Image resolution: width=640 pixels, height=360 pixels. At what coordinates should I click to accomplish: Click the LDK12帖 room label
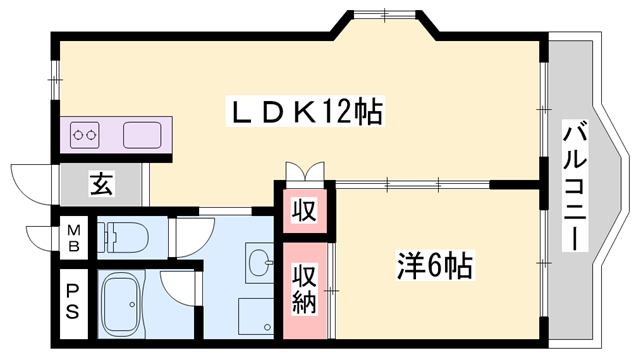point(305,112)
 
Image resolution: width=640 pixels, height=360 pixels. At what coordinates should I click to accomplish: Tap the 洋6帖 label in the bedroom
point(434,266)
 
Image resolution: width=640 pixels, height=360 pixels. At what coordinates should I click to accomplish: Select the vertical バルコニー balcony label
point(575,185)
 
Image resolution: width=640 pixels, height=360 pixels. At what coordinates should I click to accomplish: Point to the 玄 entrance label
point(101,184)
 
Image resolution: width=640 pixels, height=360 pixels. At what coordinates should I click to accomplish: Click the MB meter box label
point(73,238)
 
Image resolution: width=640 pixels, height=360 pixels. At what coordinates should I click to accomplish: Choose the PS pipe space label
point(73,302)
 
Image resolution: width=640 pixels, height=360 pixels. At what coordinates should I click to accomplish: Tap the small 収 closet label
point(304,211)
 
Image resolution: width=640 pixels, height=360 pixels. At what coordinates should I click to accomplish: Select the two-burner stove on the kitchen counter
point(85,135)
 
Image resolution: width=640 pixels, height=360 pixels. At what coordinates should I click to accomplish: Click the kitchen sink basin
point(142,135)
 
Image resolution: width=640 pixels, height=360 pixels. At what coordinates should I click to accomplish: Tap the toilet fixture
point(123,238)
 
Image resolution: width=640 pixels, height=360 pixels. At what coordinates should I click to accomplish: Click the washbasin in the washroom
point(260,263)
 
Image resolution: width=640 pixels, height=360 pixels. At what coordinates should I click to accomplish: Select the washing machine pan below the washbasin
point(256,316)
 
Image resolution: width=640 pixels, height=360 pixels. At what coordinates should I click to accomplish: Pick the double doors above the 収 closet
point(305,171)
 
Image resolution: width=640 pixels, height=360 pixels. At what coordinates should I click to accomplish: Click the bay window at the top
point(385,15)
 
